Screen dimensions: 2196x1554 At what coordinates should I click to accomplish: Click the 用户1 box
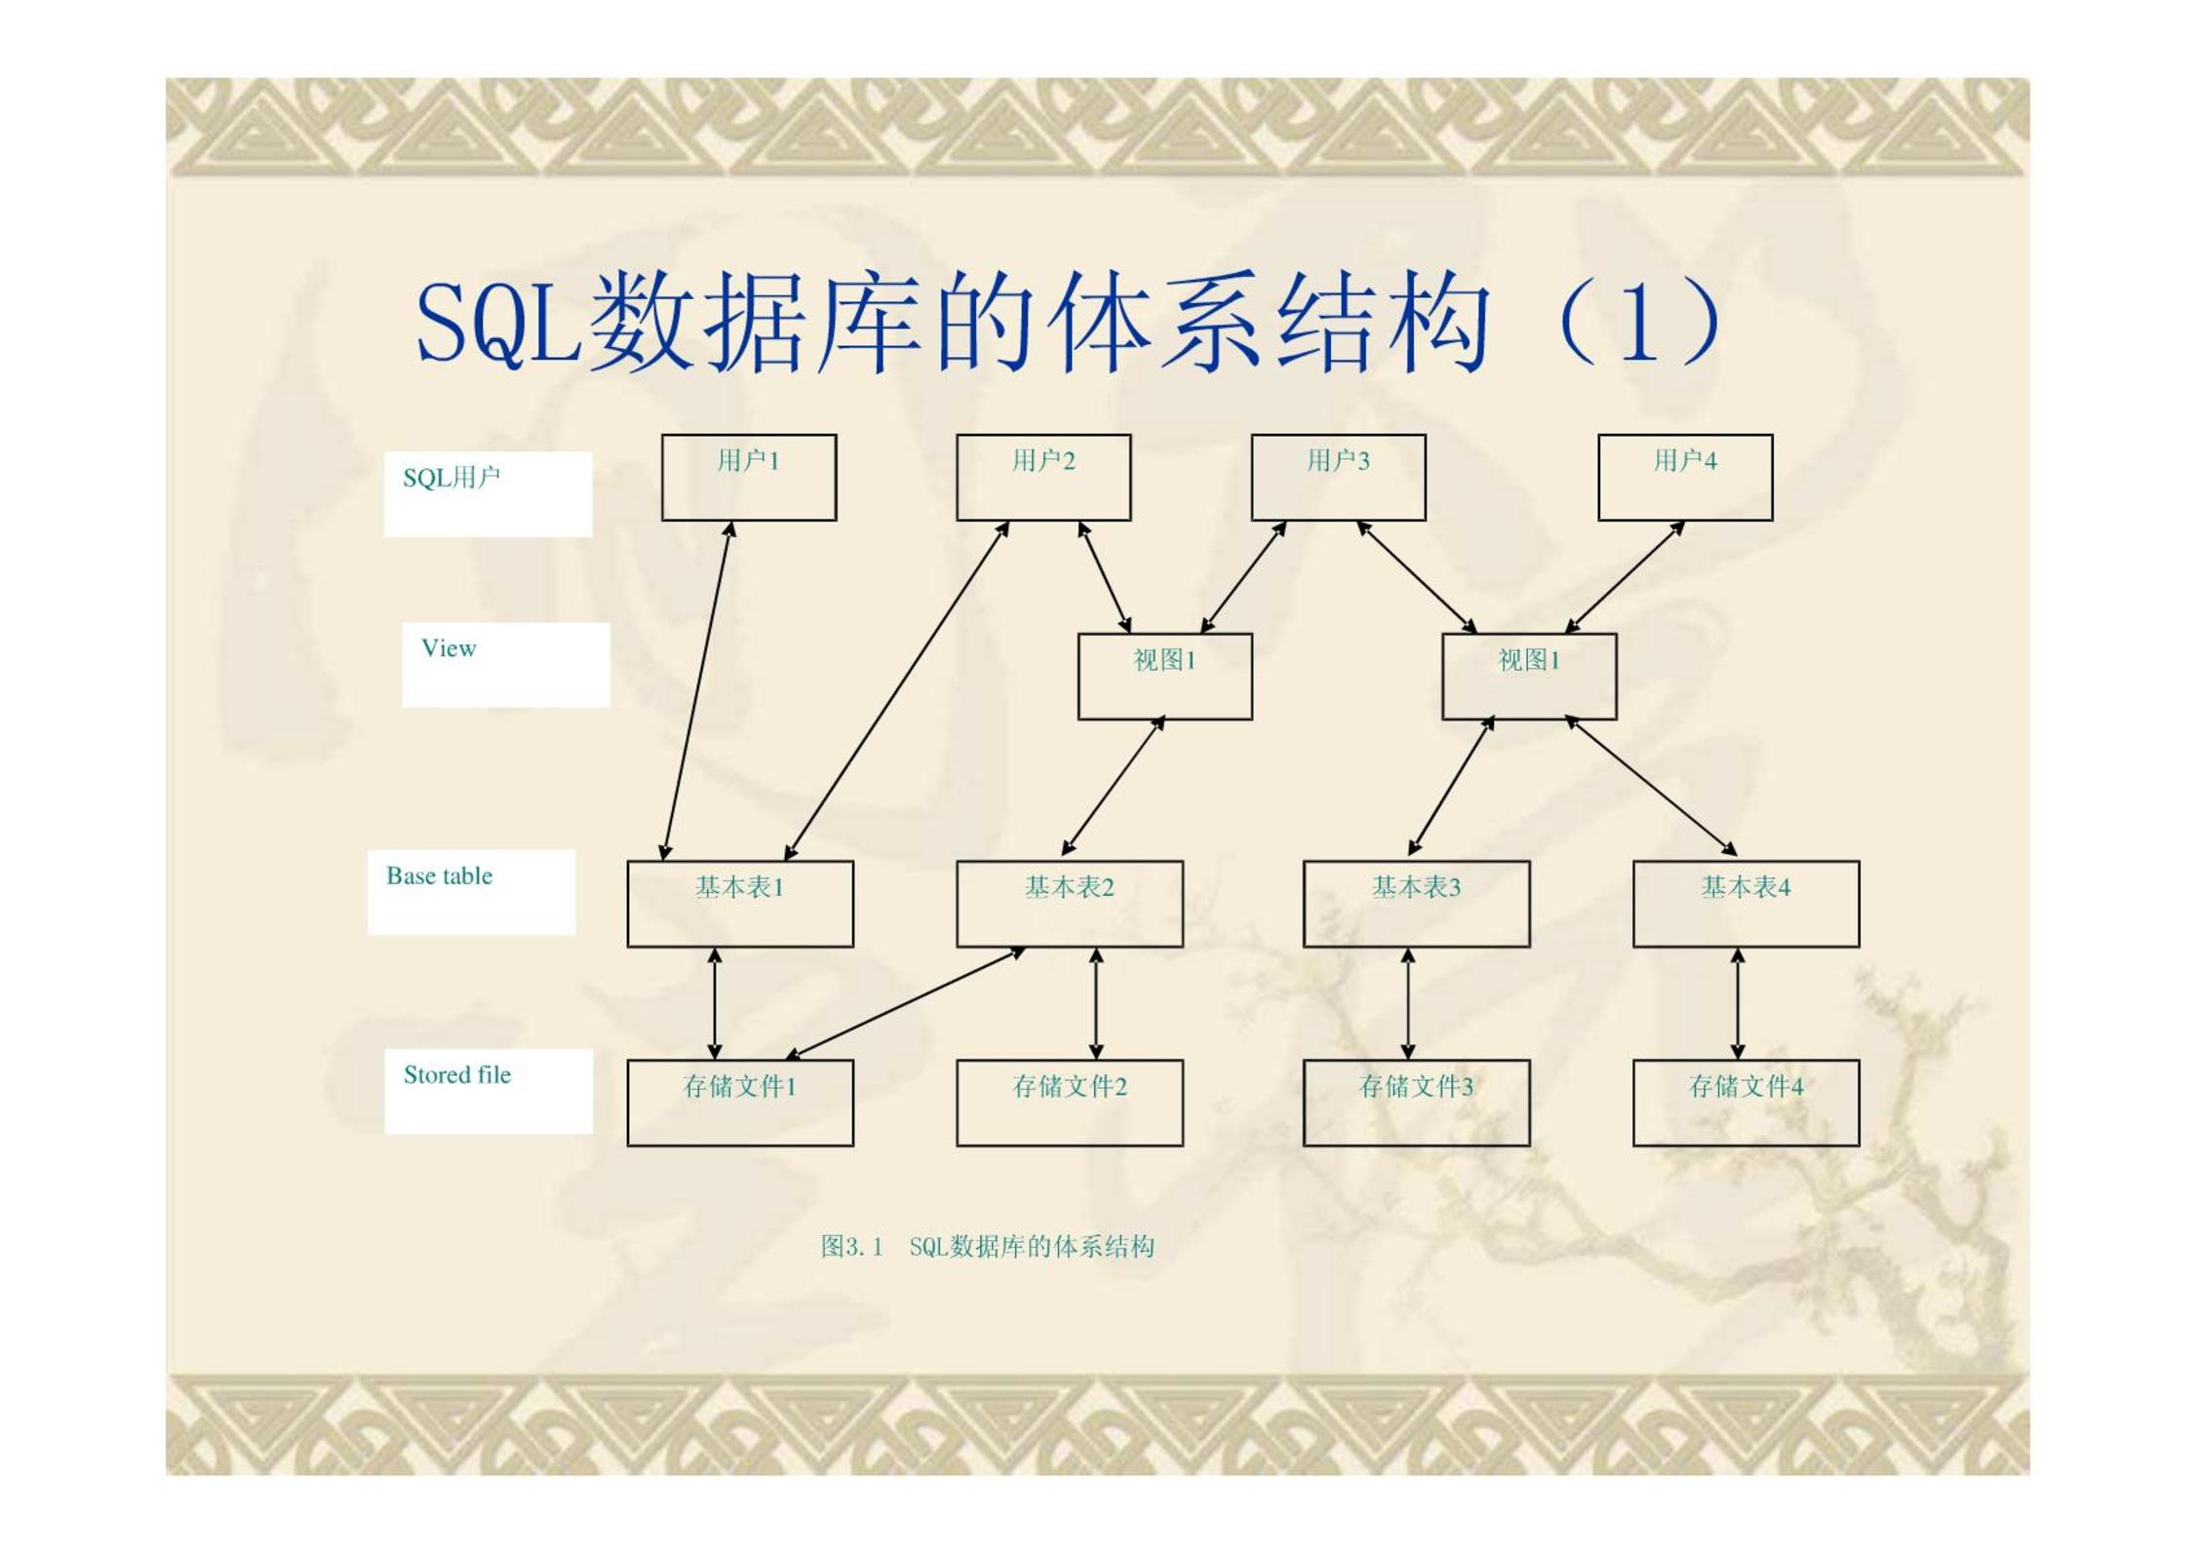[748, 478]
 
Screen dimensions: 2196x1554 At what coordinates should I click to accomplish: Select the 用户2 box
[1043, 478]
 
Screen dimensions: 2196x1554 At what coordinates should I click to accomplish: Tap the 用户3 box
[1338, 478]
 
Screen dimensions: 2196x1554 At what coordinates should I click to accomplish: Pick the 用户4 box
[1685, 478]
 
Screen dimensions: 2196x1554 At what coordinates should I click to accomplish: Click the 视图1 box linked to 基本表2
[1164, 677]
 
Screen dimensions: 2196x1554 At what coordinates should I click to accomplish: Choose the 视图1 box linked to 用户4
[1529, 677]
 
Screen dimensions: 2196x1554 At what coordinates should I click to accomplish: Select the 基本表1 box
[740, 904]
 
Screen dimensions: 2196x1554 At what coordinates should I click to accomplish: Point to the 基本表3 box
[1416, 904]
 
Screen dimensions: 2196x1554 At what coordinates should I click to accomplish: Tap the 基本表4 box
[1745, 904]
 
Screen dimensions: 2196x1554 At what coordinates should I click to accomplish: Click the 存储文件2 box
[1069, 1103]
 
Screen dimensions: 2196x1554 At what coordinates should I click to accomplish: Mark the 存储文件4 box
[1745, 1103]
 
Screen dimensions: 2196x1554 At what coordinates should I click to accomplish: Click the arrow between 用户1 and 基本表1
[697, 691]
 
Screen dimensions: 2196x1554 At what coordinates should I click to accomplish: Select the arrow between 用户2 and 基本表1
[897, 691]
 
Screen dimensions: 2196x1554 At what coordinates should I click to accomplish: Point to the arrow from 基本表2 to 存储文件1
[905, 1003]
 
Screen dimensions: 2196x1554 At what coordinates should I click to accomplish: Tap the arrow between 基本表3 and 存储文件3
[1407, 1003]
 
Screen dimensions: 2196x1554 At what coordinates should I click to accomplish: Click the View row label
[449, 648]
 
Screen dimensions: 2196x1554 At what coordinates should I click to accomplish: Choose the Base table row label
[439, 875]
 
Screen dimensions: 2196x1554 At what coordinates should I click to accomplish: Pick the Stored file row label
[457, 1074]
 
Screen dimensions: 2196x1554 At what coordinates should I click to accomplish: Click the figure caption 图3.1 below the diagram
[851, 1246]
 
